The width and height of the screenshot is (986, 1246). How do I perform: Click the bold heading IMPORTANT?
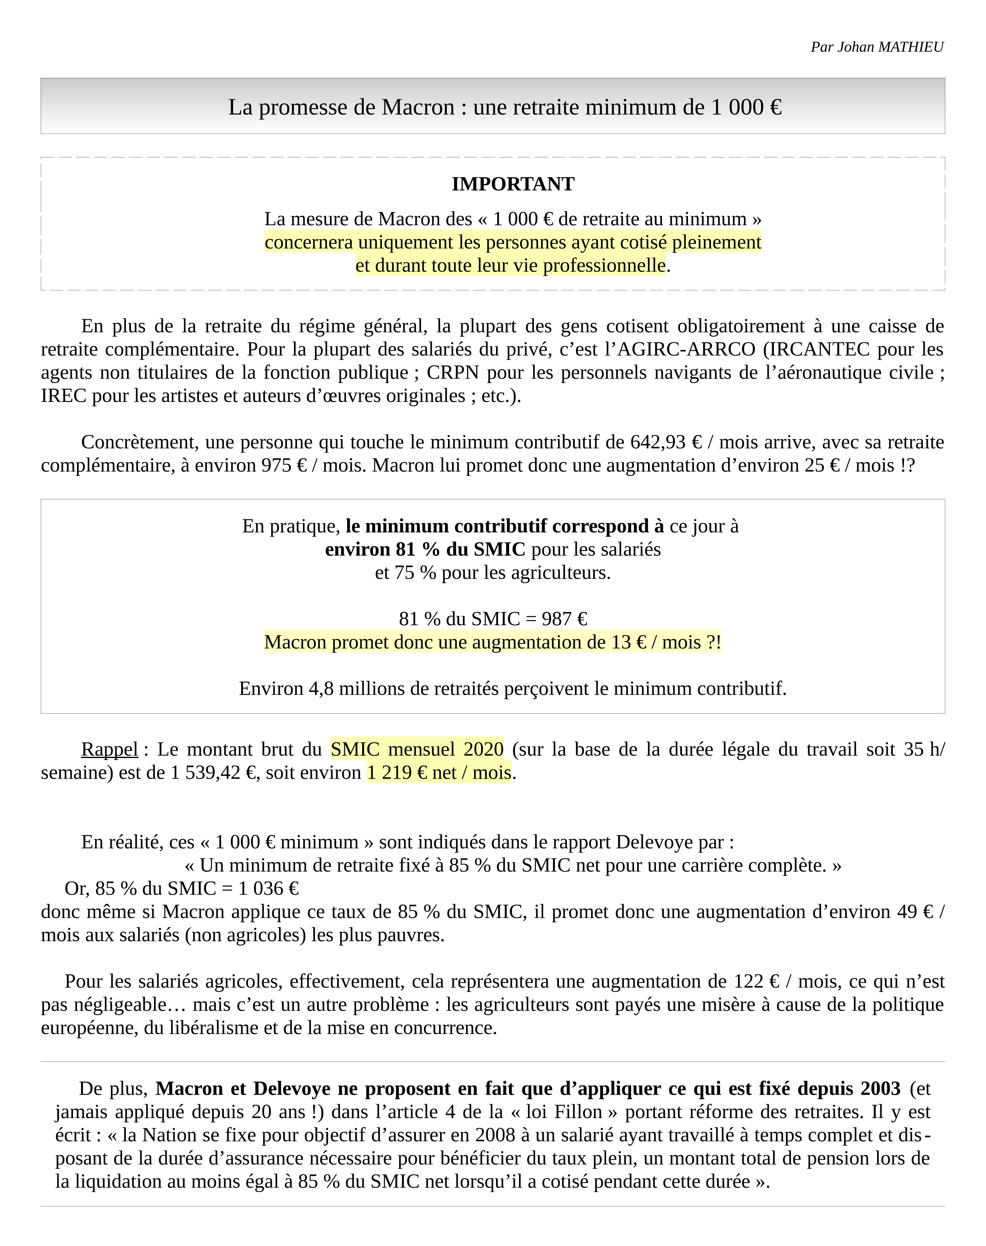(513, 184)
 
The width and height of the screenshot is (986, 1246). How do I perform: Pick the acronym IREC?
(63, 396)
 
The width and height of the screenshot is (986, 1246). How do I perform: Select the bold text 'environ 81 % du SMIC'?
(425, 549)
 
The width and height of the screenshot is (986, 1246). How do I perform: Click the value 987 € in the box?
(564, 619)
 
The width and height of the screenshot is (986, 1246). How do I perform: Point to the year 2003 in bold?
(880, 1088)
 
